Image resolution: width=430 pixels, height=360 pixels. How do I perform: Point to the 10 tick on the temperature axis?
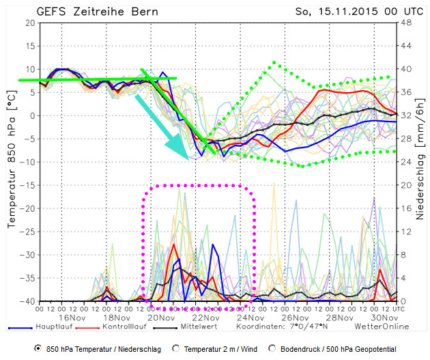(x=31, y=69)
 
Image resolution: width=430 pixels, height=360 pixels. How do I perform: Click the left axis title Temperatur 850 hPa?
(x=12, y=162)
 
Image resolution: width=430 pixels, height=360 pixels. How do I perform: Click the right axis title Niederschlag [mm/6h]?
(x=421, y=162)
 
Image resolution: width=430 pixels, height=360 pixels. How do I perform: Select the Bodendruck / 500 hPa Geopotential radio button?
(x=272, y=348)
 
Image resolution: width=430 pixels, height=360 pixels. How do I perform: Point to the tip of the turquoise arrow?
(x=190, y=158)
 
